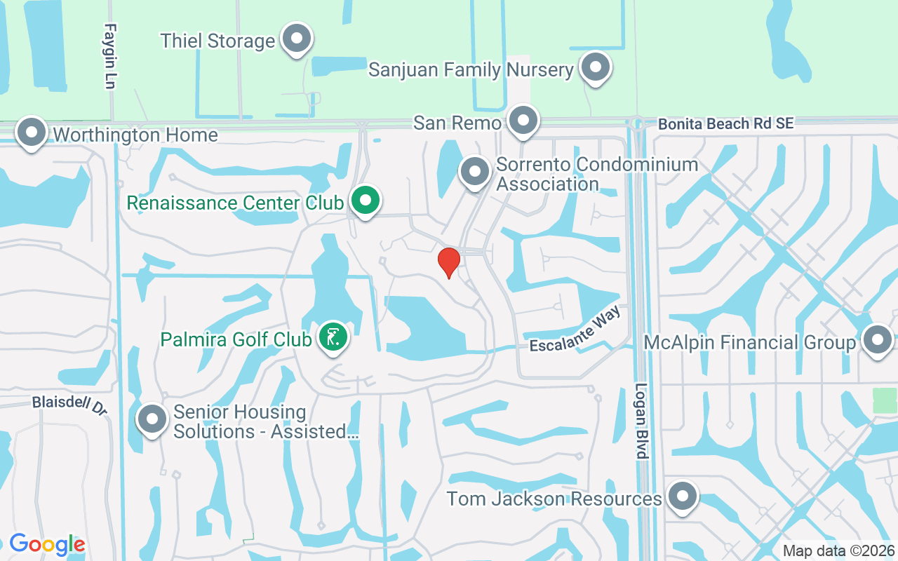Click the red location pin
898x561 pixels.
point(448,262)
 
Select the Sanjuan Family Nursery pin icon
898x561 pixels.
point(596,68)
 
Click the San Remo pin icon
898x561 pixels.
point(523,121)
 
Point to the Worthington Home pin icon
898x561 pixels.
point(31,133)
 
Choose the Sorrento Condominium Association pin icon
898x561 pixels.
point(475,170)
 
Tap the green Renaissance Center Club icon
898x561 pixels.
point(365,201)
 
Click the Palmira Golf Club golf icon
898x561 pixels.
point(333,338)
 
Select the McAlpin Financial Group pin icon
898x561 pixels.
point(877,341)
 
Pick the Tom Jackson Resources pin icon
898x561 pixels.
point(681,496)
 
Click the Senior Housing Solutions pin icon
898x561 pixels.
point(152,419)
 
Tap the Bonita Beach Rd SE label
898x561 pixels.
point(725,124)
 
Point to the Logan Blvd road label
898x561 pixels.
point(641,421)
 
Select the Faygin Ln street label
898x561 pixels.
point(109,56)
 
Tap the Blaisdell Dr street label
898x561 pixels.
point(69,405)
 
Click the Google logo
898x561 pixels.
point(47,544)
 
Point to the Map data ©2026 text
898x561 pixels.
point(838,550)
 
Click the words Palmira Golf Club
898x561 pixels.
point(236,340)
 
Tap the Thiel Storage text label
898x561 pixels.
point(217,41)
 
